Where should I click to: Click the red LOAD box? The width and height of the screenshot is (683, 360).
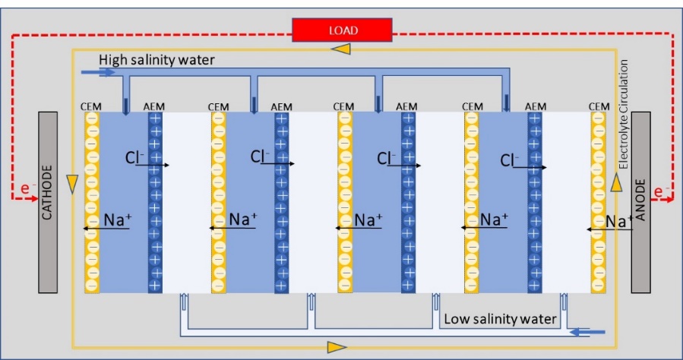[342, 30]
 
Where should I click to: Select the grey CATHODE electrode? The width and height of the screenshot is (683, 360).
[48, 203]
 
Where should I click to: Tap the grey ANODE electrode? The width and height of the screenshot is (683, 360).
[640, 203]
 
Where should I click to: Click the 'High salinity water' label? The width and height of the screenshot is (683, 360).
[157, 60]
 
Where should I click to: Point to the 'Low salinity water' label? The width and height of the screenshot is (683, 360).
[501, 319]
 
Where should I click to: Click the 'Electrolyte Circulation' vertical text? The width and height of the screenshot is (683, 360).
[624, 114]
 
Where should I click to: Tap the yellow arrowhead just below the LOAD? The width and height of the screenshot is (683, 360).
[340, 49]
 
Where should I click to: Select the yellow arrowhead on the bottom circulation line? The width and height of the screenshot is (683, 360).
[337, 347]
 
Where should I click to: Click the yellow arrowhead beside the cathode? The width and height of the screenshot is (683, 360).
[72, 184]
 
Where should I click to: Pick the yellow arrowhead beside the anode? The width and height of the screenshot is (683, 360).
[616, 183]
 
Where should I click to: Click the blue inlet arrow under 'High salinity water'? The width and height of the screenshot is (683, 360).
[103, 72]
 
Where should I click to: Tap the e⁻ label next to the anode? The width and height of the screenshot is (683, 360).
[662, 191]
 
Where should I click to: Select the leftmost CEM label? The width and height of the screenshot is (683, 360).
[91, 106]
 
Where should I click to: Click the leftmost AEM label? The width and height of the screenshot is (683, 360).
[153, 106]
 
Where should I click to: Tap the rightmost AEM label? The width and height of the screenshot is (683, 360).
[536, 106]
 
